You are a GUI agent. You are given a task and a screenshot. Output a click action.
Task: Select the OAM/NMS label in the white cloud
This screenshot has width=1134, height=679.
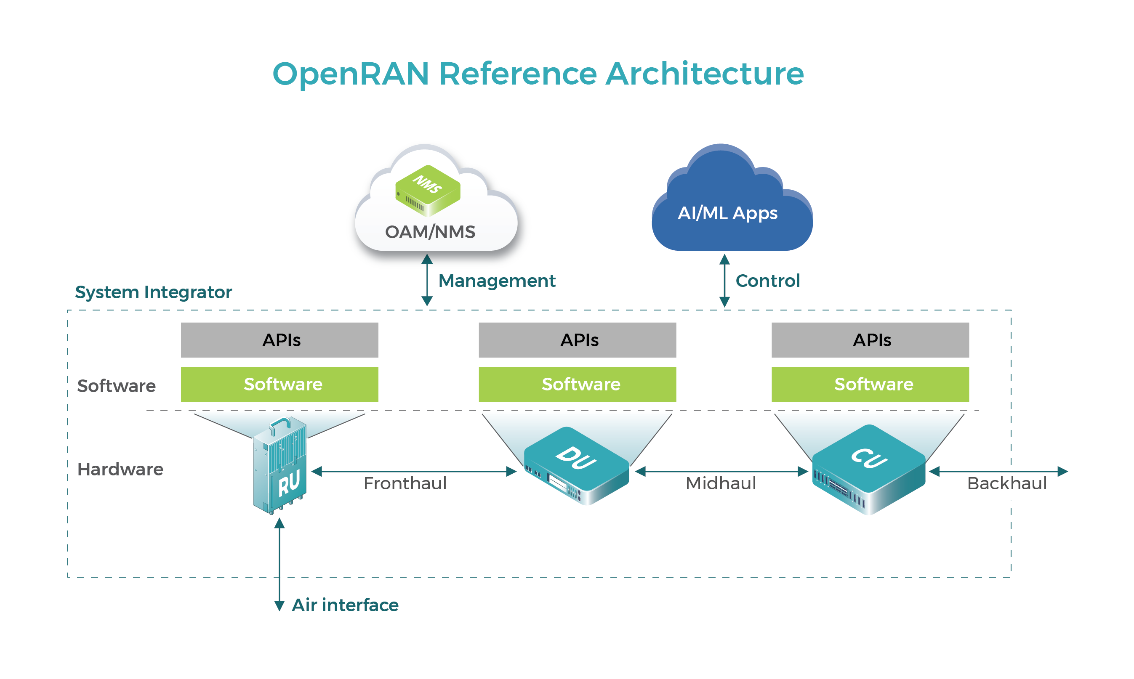(430, 232)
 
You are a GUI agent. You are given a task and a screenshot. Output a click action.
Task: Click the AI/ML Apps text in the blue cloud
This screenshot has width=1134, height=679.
(727, 213)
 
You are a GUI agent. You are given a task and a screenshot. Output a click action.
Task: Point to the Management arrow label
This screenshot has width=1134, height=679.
(497, 281)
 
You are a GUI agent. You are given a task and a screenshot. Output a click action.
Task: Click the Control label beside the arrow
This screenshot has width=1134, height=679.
(767, 281)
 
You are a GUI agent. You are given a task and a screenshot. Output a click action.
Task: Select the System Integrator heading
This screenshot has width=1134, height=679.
(153, 292)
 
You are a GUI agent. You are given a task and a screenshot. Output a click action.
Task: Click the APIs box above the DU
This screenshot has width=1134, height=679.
(577, 340)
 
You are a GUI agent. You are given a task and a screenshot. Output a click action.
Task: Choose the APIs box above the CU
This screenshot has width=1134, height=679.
(870, 340)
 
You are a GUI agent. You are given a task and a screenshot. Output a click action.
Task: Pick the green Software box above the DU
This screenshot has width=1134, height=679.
(577, 385)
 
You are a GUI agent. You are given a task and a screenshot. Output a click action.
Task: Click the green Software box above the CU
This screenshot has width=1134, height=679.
(870, 385)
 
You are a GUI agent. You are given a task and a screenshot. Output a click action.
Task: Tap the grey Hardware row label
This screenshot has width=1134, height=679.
(120, 469)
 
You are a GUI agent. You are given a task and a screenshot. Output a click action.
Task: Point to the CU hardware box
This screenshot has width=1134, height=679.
(868, 469)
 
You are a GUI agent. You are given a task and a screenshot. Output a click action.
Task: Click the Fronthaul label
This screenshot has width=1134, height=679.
(405, 484)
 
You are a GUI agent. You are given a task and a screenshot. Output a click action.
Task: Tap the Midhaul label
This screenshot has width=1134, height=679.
(721, 484)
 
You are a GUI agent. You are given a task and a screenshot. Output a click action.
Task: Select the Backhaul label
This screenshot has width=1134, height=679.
(1007, 484)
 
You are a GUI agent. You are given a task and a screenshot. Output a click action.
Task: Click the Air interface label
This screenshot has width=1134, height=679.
(345, 605)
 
